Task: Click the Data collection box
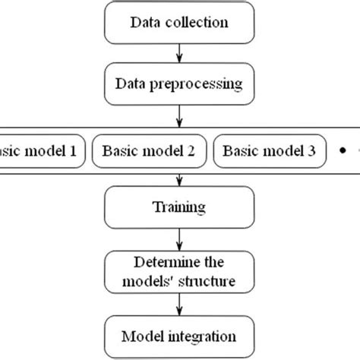(179, 22)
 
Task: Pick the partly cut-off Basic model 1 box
(38, 151)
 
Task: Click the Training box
(179, 206)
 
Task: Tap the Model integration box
(179, 335)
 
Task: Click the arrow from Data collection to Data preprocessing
(179, 54)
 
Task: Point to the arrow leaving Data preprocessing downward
(179, 116)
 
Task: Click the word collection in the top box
(201, 22)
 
